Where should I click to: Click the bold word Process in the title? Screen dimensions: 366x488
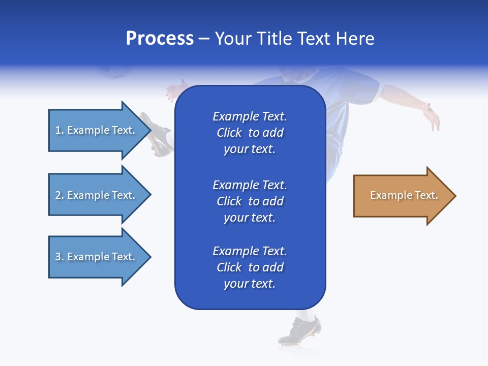click(x=160, y=39)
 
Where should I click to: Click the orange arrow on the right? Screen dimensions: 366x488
click(x=402, y=196)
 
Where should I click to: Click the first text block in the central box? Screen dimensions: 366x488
click(x=250, y=133)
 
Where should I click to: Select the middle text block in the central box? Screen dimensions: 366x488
click(x=250, y=201)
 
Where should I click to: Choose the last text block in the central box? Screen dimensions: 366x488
click(x=250, y=267)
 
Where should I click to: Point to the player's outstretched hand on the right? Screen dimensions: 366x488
click(x=432, y=116)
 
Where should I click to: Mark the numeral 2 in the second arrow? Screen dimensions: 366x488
click(x=58, y=195)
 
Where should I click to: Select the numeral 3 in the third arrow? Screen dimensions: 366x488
click(x=58, y=257)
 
